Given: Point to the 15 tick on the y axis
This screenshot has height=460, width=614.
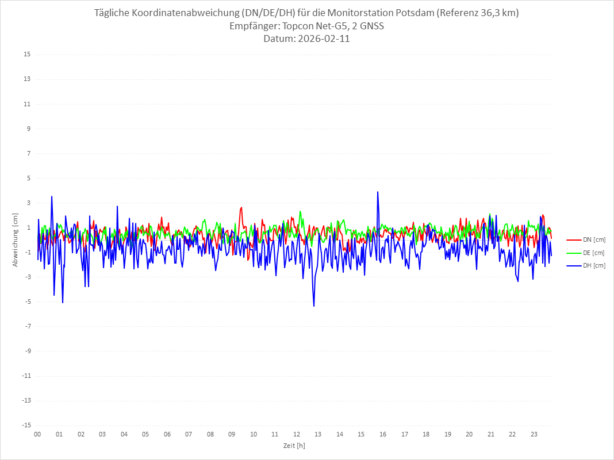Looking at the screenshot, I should tap(27, 55).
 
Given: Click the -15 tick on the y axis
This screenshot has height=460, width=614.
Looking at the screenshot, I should tap(26, 425).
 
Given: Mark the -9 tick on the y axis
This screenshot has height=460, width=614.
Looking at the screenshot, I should tap(27, 351).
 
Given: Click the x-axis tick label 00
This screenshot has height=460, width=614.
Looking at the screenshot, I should tap(37, 435).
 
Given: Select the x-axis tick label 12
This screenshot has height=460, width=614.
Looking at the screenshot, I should tap(297, 435).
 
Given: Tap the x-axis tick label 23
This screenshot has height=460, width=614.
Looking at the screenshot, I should tap(534, 435).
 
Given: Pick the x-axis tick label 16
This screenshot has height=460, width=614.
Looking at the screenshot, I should tap(383, 435).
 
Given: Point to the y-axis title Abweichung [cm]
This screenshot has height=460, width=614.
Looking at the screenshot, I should tap(16, 239).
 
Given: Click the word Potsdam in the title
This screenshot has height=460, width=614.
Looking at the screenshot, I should tap(414, 13).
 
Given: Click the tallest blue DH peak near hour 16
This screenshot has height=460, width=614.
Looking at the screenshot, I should tap(378, 192).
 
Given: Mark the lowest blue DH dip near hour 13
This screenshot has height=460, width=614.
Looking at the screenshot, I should tap(314, 306).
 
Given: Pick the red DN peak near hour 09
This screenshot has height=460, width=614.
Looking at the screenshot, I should tap(241, 207).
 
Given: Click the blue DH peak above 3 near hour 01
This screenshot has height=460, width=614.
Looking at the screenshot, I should tap(52, 196).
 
